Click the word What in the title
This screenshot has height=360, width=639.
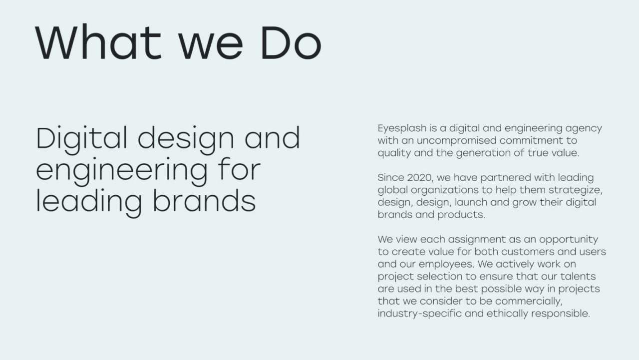pyautogui.click(x=98, y=43)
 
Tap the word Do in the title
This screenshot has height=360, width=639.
pyautogui.click(x=292, y=43)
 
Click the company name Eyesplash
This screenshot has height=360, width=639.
pyautogui.click(x=402, y=129)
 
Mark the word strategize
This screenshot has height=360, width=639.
pyautogui.click(x=575, y=190)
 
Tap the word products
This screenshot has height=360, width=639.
pyautogui.click(x=461, y=215)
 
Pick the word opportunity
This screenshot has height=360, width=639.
pyautogui.click(x=569, y=240)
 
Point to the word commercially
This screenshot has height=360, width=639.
pyautogui.click(x=529, y=301)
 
